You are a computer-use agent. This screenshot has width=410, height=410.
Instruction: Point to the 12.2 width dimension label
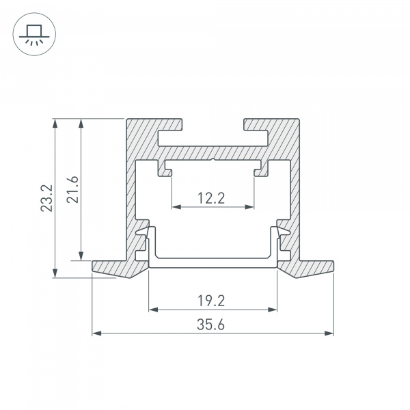click(212, 198)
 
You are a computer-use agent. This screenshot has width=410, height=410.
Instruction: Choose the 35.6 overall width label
click(212, 325)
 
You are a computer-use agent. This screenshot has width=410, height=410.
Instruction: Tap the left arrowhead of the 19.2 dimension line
click(152, 310)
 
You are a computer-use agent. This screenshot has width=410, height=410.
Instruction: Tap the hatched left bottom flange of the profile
click(116, 269)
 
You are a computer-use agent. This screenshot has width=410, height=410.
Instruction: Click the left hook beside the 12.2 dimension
click(165, 168)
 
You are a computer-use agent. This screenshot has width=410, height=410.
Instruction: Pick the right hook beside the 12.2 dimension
click(260, 168)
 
